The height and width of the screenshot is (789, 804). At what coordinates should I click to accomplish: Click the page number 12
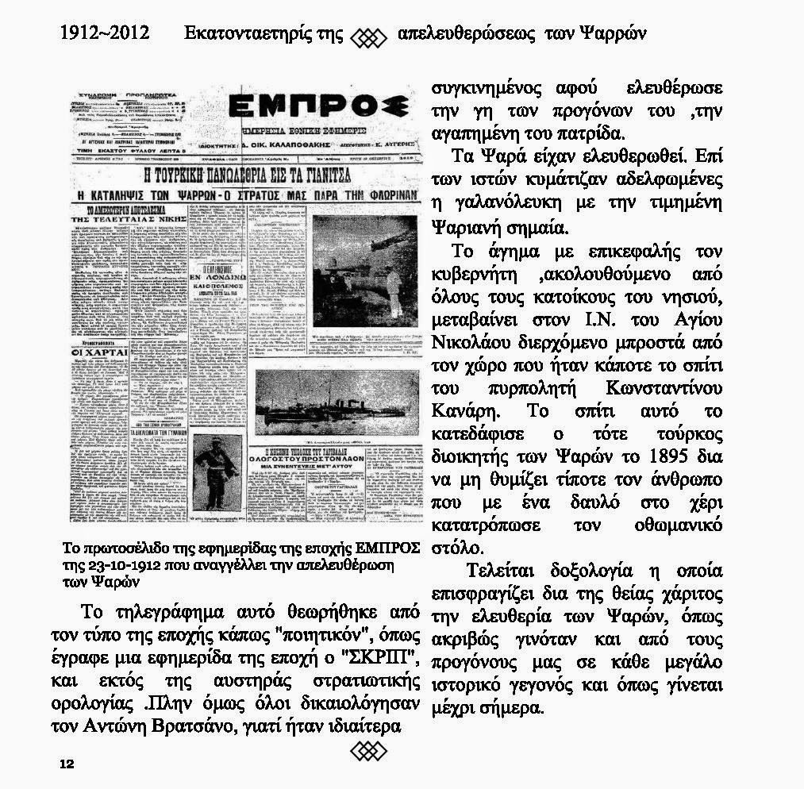pyautogui.click(x=66, y=764)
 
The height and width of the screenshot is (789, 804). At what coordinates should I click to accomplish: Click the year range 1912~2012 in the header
pyautogui.click(x=104, y=33)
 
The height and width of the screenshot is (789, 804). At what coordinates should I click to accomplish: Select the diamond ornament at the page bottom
pyautogui.click(x=367, y=749)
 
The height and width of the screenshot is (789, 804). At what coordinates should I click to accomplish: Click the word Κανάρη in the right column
pyautogui.click(x=465, y=413)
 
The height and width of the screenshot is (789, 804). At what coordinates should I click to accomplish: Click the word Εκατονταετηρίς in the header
pyautogui.click(x=254, y=33)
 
